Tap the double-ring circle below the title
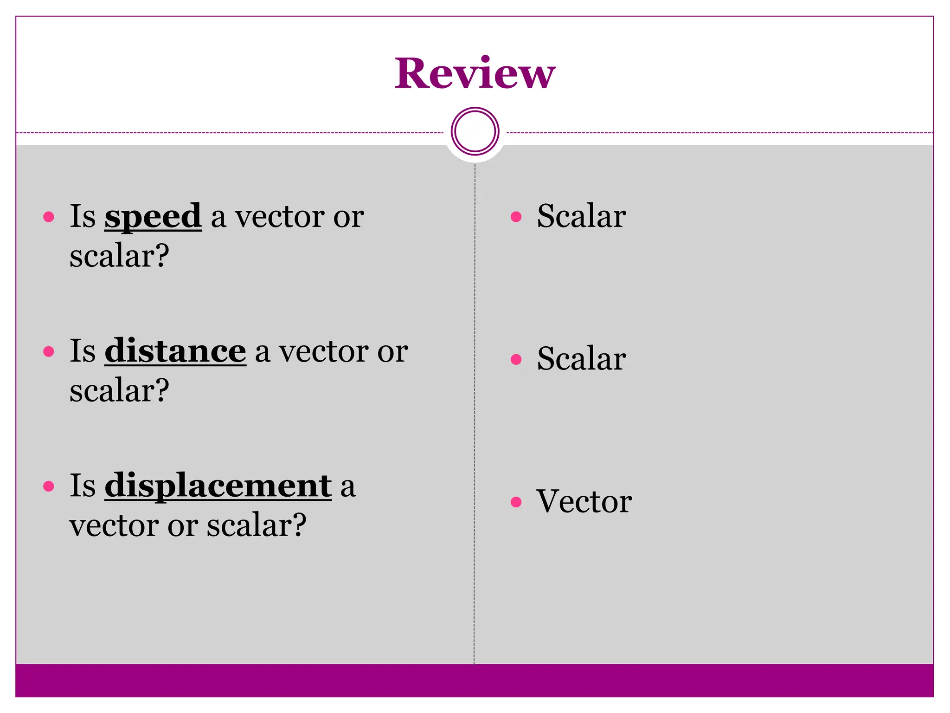475,131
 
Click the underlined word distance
175,351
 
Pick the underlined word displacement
218,486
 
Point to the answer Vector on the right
584,501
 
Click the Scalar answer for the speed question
581,216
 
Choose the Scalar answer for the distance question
581,359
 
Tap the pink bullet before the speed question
49,217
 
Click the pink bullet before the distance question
49,351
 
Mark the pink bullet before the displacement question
49,486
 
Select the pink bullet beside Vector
516,502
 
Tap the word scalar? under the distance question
119,390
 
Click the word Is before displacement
83,486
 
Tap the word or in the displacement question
183,526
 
